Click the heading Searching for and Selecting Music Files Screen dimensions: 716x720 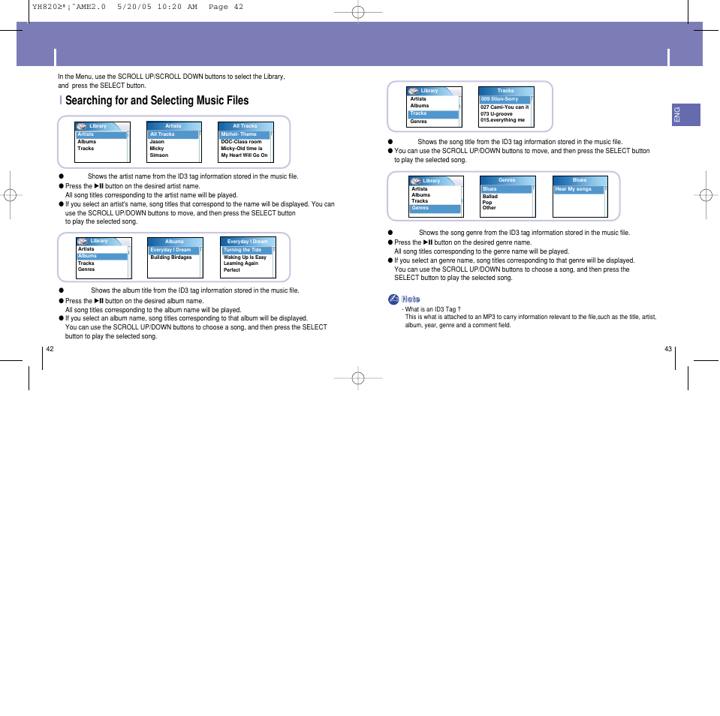[x=156, y=101]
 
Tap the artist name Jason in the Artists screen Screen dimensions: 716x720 [x=157, y=142]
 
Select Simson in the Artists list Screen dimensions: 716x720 [x=158, y=155]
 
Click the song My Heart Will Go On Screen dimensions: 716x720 [x=244, y=155]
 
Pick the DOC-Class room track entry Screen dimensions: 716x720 [x=241, y=142]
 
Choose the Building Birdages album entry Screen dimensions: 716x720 [x=170, y=257]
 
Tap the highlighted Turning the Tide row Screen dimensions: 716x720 [x=243, y=250]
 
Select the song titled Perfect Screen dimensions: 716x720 [x=231, y=270]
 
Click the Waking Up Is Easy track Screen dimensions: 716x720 [x=245, y=257]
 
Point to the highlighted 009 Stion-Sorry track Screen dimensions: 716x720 [x=500, y=99]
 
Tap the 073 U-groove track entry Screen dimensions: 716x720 [x=497, y=114]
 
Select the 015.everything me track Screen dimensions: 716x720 [x=503, y=120]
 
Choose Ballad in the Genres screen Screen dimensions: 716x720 [x=490, y=197]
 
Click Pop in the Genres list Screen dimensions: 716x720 [x=487, y=202]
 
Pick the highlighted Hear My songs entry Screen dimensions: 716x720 [x=574, y=189]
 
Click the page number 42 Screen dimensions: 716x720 [x=50, y=349]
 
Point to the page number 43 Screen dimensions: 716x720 [x=668, y=349]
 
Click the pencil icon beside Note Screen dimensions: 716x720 [x=393, y=299]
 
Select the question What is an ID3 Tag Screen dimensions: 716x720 [x=432, y=309]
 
